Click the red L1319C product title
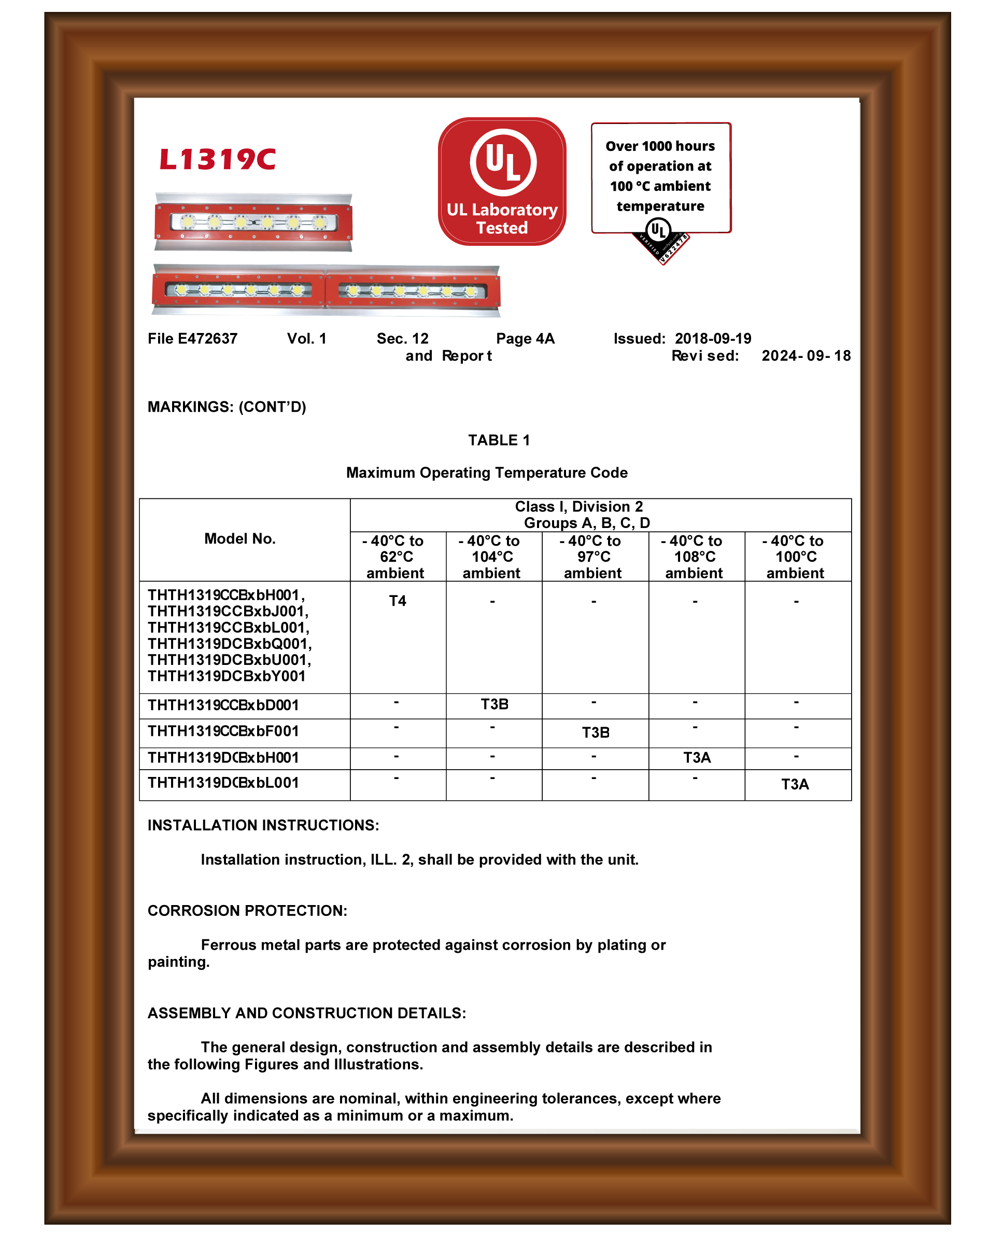[x=217, y=160]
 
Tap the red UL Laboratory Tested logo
[x=502, y=181]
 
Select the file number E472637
[x=207, y=339]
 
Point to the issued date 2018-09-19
[x=713, y=339]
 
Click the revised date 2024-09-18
[x=806, y=356]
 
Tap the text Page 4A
[x=525, y=339]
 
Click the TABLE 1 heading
[x=499, y=440]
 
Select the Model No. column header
[x=240, y=539]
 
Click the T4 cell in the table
[x=398, y=601]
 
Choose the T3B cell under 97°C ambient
[x=596, y=733]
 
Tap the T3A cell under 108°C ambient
[x=697, y=758]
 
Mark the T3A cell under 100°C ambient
[x=795, y=784]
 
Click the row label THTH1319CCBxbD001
[x=223, y=705]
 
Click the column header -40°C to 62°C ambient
[x=397, y=557]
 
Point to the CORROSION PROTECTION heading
[x=247, y=911]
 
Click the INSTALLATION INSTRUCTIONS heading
[x=263, y=825]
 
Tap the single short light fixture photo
[x=253, y=222]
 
